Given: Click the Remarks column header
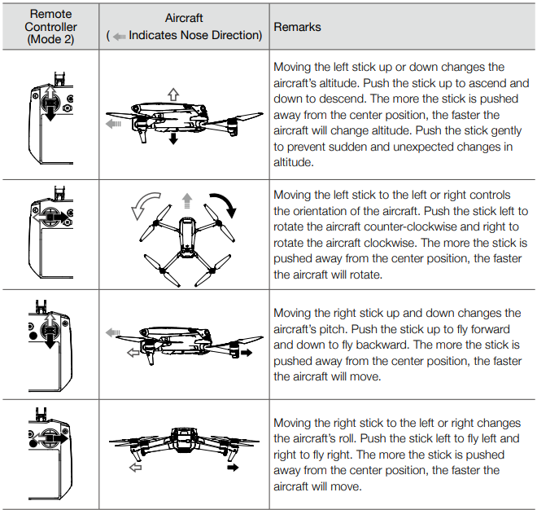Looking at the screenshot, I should pos(297,27).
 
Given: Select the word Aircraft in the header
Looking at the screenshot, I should pos(185,18).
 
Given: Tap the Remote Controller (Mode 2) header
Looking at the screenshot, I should pos(50,27).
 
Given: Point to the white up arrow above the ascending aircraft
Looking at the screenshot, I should pos(172,94).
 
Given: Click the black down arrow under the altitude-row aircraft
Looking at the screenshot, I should pos(172,140).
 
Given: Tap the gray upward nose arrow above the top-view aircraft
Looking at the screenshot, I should pos(186,200).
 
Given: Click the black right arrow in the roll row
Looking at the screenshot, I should pos(233,468).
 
